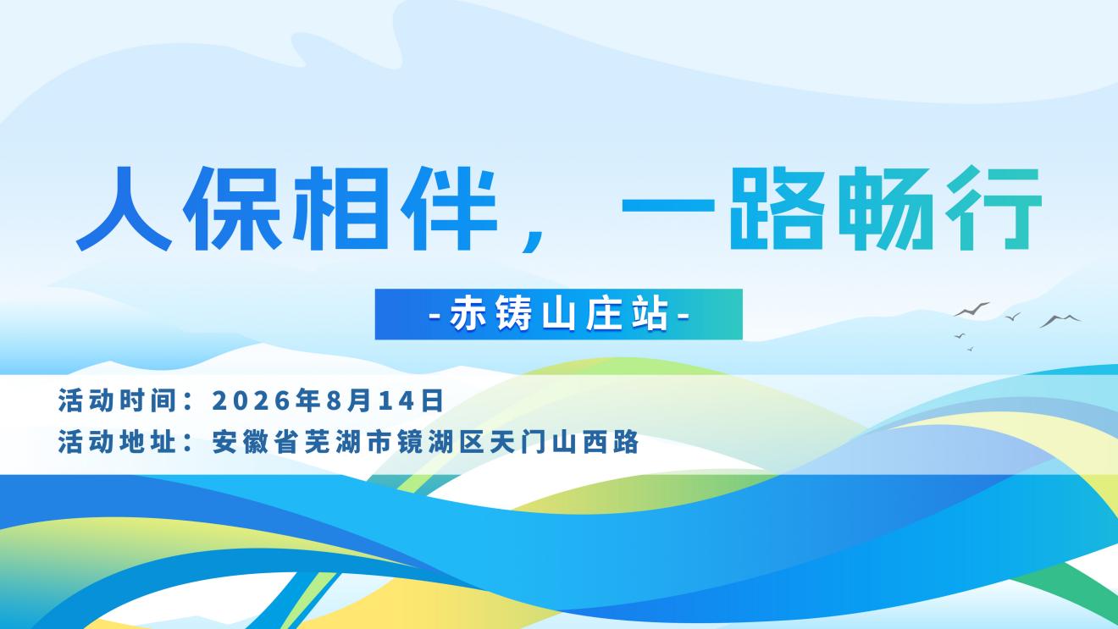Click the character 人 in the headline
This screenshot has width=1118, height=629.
(124, 208)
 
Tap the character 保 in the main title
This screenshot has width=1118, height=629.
(233, 208)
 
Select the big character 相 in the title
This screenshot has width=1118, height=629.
(340, 208)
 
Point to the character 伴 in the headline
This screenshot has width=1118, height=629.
(450, 208)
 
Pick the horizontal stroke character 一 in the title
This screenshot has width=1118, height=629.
(668, 205)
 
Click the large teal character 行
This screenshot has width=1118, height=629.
(993, 208)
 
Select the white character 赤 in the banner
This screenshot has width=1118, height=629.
(468, 314)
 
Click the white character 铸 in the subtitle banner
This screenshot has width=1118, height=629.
(513, 314)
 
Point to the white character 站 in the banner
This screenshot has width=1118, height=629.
(650, 314)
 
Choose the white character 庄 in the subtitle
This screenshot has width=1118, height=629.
(604, 314)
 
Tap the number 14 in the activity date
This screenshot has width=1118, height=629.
(396, 400)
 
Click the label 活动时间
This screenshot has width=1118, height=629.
(117, 400)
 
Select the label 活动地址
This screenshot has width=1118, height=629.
(117, 442)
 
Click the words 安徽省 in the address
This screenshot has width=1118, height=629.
(256, 442)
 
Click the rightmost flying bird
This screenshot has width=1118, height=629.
(1060, 321)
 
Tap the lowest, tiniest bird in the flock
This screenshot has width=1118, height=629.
(971, 349)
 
